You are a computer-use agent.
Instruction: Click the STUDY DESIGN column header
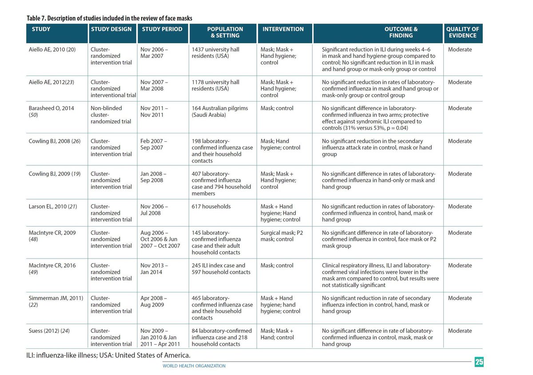point(111,29)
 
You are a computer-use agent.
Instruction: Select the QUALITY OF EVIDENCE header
point(462,32)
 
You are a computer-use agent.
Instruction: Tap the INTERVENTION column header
point(283,29)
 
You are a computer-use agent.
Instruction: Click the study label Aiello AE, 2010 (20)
point(52,49)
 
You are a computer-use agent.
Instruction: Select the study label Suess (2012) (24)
point(49,331)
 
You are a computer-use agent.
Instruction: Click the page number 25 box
point(479,362)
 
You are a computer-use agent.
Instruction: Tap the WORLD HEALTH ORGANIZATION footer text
point(194,366)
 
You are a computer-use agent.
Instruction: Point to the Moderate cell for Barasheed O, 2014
point(460,108)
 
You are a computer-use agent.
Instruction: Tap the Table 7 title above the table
point(109,18)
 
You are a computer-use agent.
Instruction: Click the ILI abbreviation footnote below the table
point(108,355)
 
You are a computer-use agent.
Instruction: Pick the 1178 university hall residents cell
point(215,85)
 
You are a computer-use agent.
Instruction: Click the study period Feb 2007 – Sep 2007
point(154,144)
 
